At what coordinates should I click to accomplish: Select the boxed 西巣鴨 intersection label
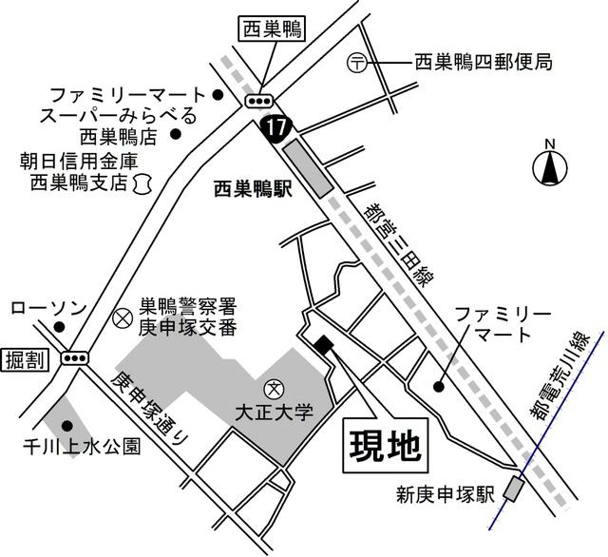point(270,30)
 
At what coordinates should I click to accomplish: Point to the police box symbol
point(121,318)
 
